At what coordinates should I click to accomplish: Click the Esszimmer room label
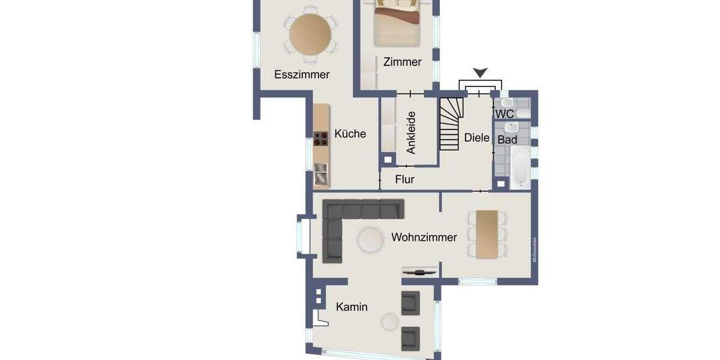point(302,74)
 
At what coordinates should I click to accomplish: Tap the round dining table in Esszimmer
point(310,34)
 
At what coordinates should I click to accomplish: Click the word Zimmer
point(402,62)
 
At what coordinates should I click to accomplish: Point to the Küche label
point(350,134)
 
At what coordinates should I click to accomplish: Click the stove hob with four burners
point(321,139)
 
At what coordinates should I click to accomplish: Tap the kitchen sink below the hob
point(321,174)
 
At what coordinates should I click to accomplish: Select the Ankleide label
point(411,133)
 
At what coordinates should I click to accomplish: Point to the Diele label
point(476,137)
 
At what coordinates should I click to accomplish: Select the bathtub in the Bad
point(520,167)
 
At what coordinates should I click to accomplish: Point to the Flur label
point(404,179)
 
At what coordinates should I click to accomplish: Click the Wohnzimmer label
point(424,238)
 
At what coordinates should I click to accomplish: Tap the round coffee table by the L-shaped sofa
point(370,240)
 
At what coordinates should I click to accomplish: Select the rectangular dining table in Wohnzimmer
point(486,234)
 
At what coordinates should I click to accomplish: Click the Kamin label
point(352,307)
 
